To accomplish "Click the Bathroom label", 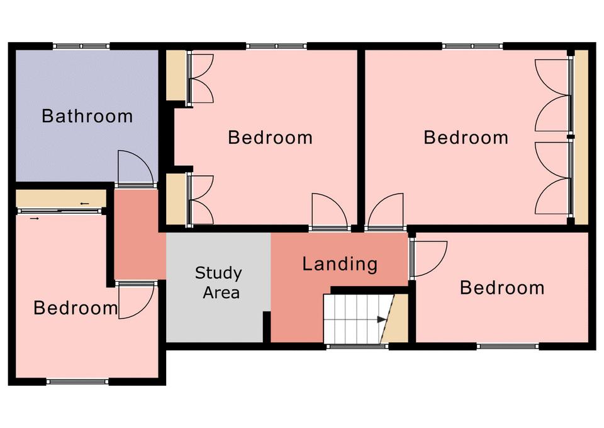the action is point(87,116).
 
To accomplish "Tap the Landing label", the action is point(340,264).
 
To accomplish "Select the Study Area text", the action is point(219,283).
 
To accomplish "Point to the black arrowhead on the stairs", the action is point(381,320).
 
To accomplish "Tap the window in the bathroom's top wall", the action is point(81,46).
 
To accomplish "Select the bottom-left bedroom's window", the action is point(77,382).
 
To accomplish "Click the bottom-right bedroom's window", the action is point(507,347).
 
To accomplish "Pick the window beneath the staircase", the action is point(357,347).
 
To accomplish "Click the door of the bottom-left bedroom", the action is point(137,300).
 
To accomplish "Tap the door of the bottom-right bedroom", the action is point(428,258).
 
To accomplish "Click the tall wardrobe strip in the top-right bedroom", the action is point(581,137).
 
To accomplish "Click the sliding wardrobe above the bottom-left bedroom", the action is point(61,199).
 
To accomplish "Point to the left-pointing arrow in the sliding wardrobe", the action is point(85,204).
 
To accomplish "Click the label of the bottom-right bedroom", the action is point(502,288).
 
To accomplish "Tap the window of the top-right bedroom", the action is point(473,46).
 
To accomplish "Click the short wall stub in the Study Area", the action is point(266,327).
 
